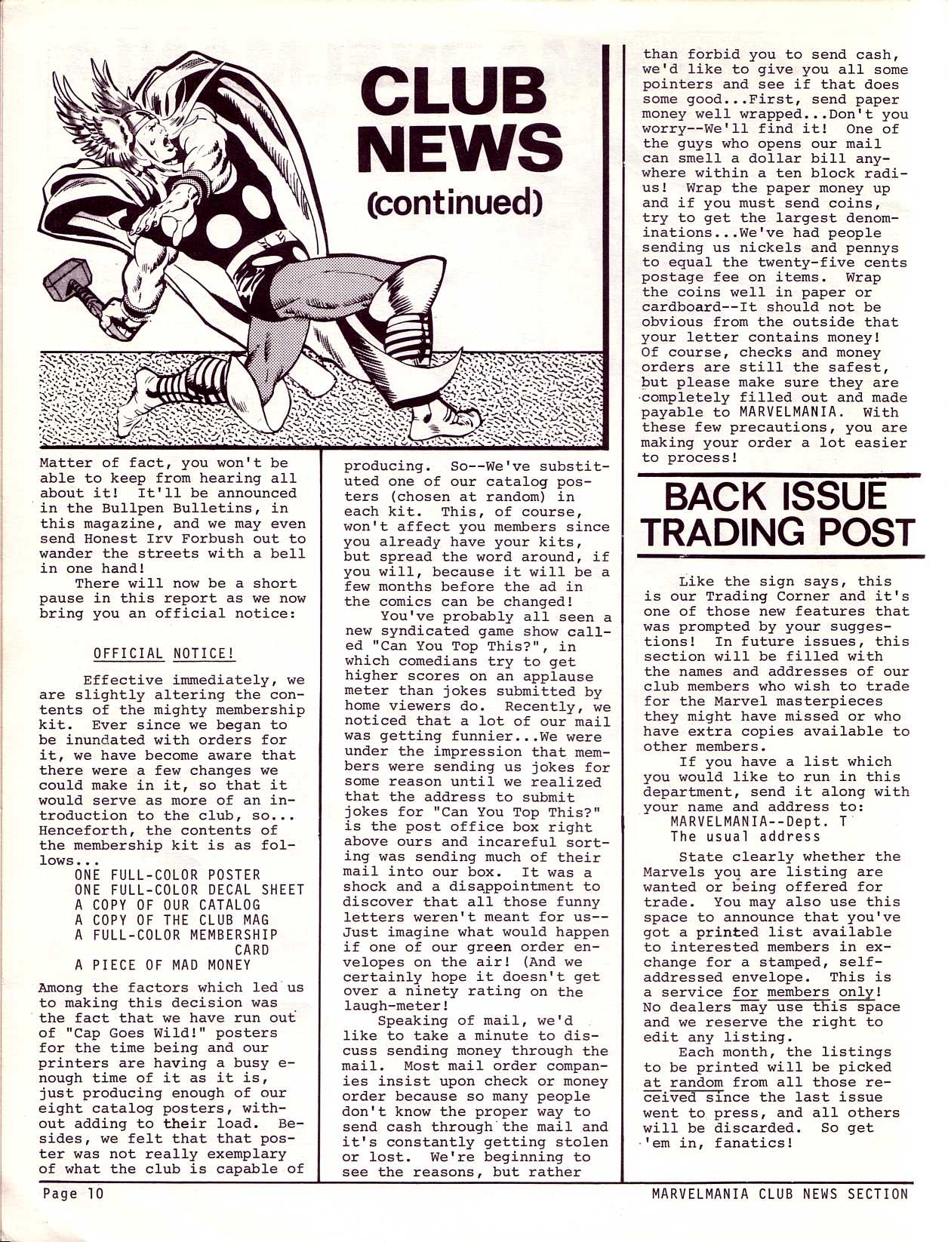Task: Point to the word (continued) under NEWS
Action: click(454, 202)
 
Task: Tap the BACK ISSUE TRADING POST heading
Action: click(780, 514)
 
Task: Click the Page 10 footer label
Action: click(72, 1193)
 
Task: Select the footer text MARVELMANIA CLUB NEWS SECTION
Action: click(780, 1193)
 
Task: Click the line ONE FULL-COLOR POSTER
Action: click(168, 875)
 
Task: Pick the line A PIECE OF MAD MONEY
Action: click(162, 964)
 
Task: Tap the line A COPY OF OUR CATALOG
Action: click(168, 905)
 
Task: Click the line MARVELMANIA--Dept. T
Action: click(758, 821)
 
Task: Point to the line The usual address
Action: click(744, 836)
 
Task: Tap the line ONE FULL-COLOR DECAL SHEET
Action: click(189, 890)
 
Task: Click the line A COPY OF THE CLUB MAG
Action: click(172, 920)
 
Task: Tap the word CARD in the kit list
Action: click(252, 949)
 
